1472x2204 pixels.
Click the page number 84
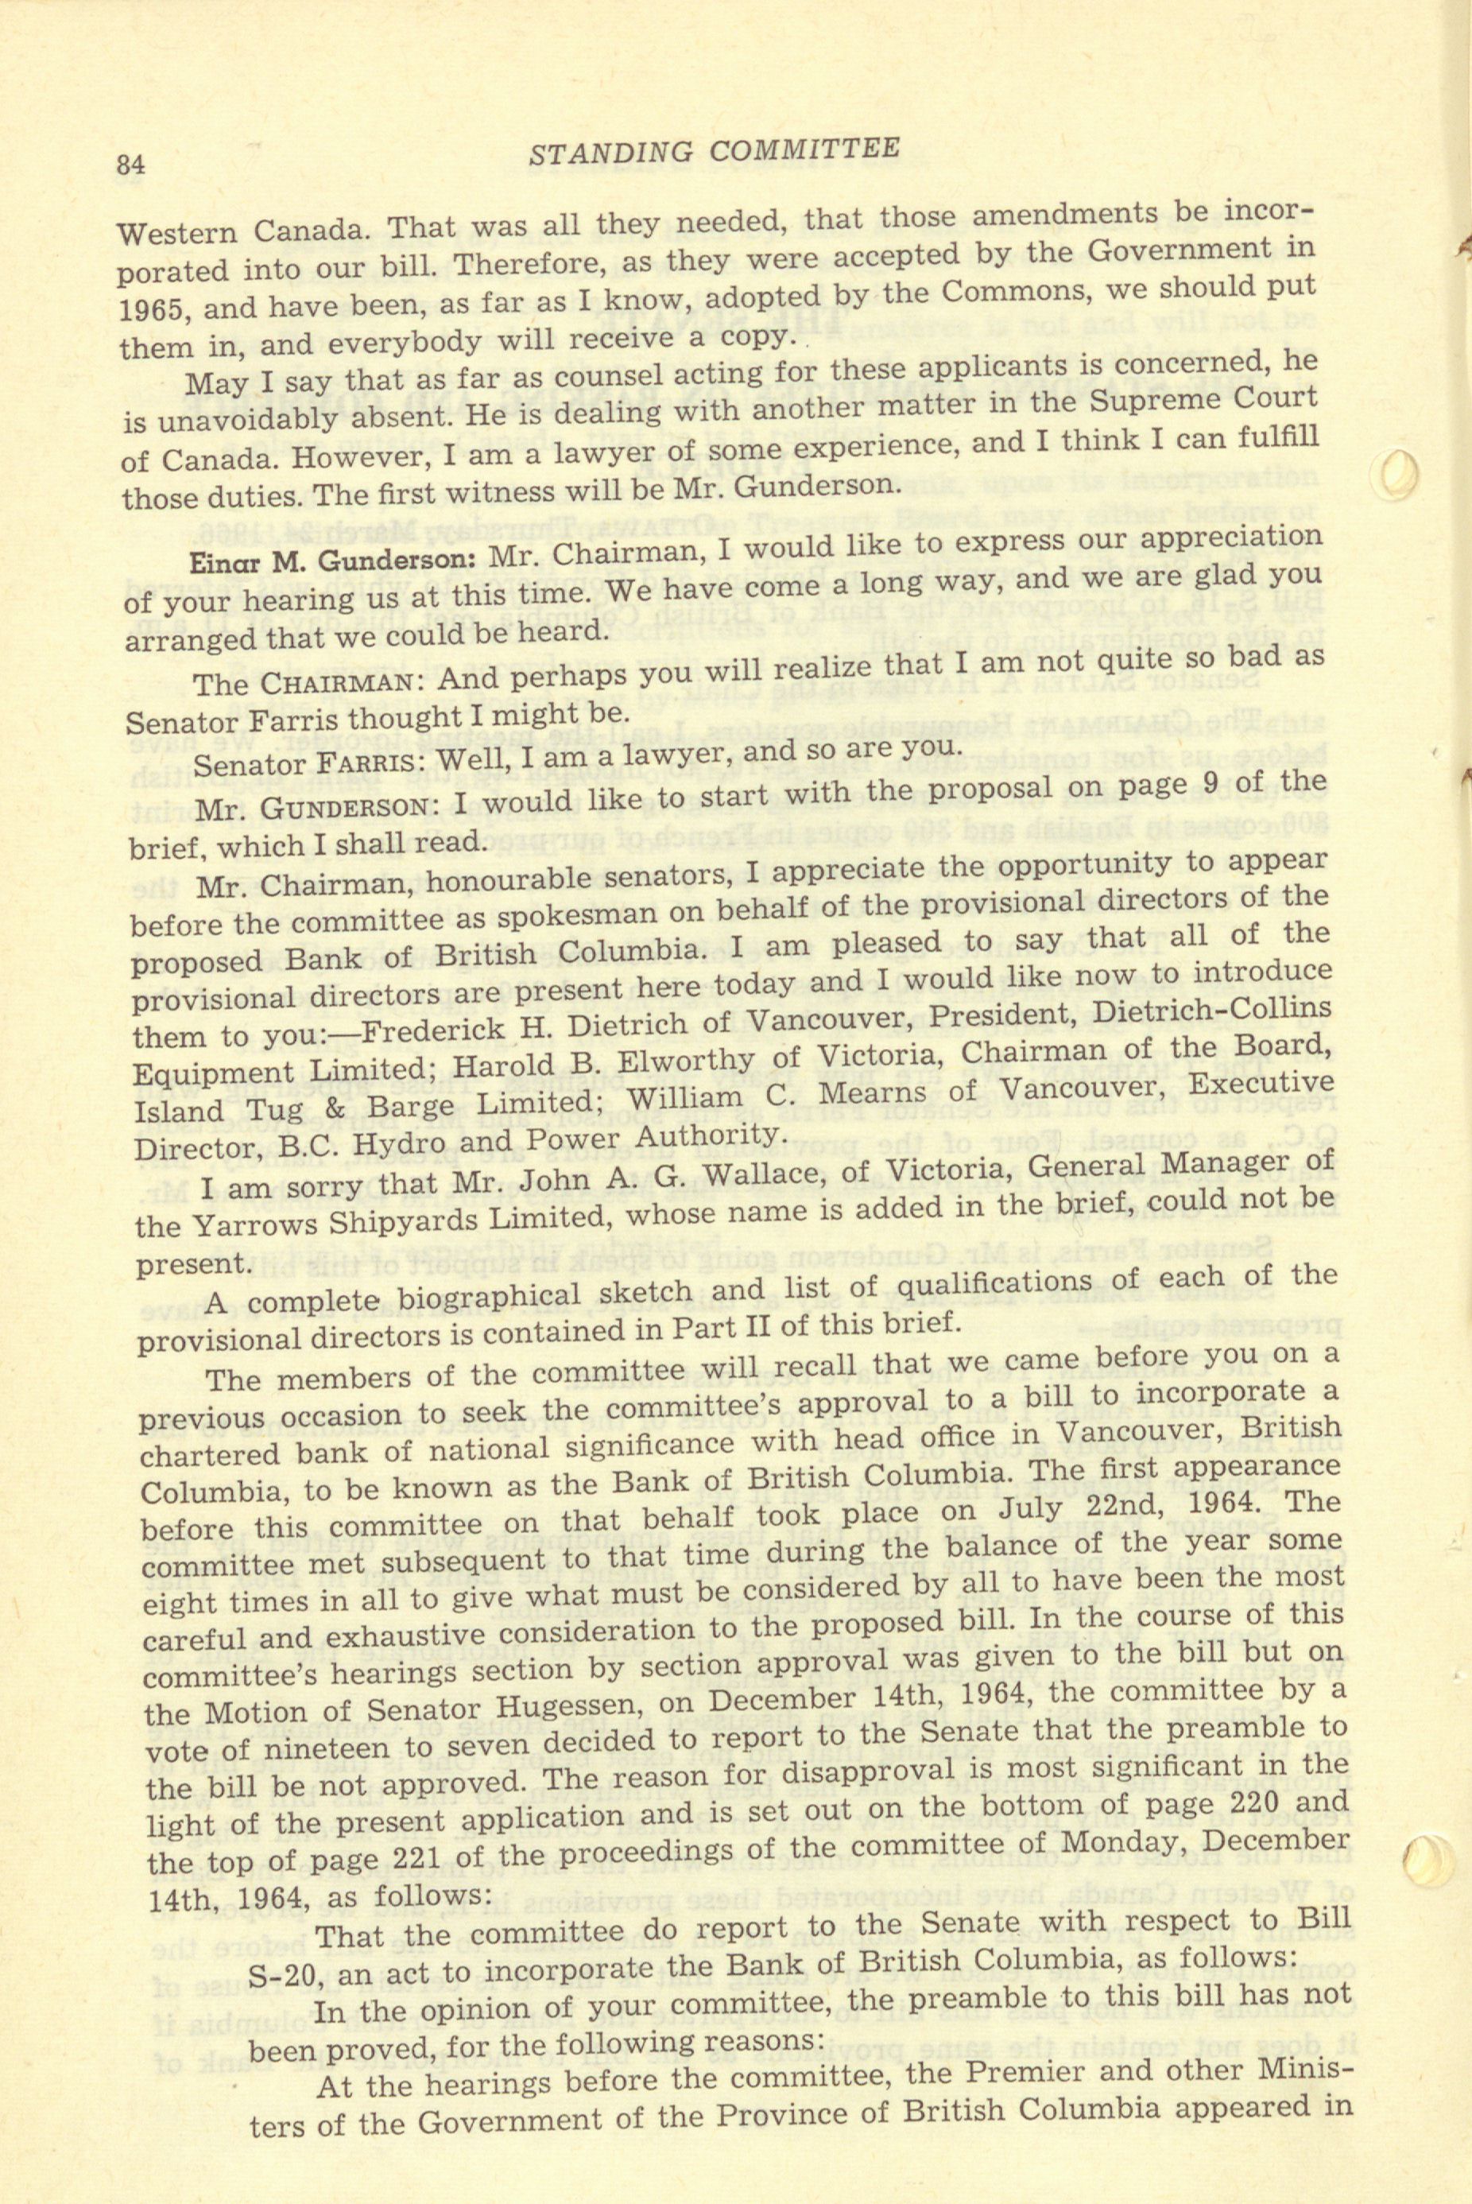(130, 165)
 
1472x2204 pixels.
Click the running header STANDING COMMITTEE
(714, 150)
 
